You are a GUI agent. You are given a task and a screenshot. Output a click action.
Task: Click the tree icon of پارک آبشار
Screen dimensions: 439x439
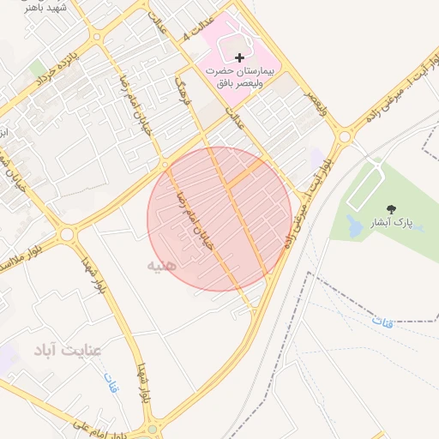click(392, 208)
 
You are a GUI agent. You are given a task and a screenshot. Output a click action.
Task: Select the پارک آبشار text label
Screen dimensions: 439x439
click(392, 223)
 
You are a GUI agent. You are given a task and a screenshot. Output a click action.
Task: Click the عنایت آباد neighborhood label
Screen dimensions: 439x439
click(69, 350)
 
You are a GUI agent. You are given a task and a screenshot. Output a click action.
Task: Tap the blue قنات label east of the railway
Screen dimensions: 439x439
click(383, 321)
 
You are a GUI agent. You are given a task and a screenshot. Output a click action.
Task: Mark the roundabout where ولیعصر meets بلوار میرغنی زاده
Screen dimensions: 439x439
click(344, 135)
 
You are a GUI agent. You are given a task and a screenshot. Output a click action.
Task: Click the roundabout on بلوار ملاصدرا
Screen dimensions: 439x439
click(67, 233)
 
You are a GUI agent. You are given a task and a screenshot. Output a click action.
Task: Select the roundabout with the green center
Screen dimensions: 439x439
click(153, 428)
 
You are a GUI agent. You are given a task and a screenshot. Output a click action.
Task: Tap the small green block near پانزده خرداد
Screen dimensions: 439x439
click(38, 67)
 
